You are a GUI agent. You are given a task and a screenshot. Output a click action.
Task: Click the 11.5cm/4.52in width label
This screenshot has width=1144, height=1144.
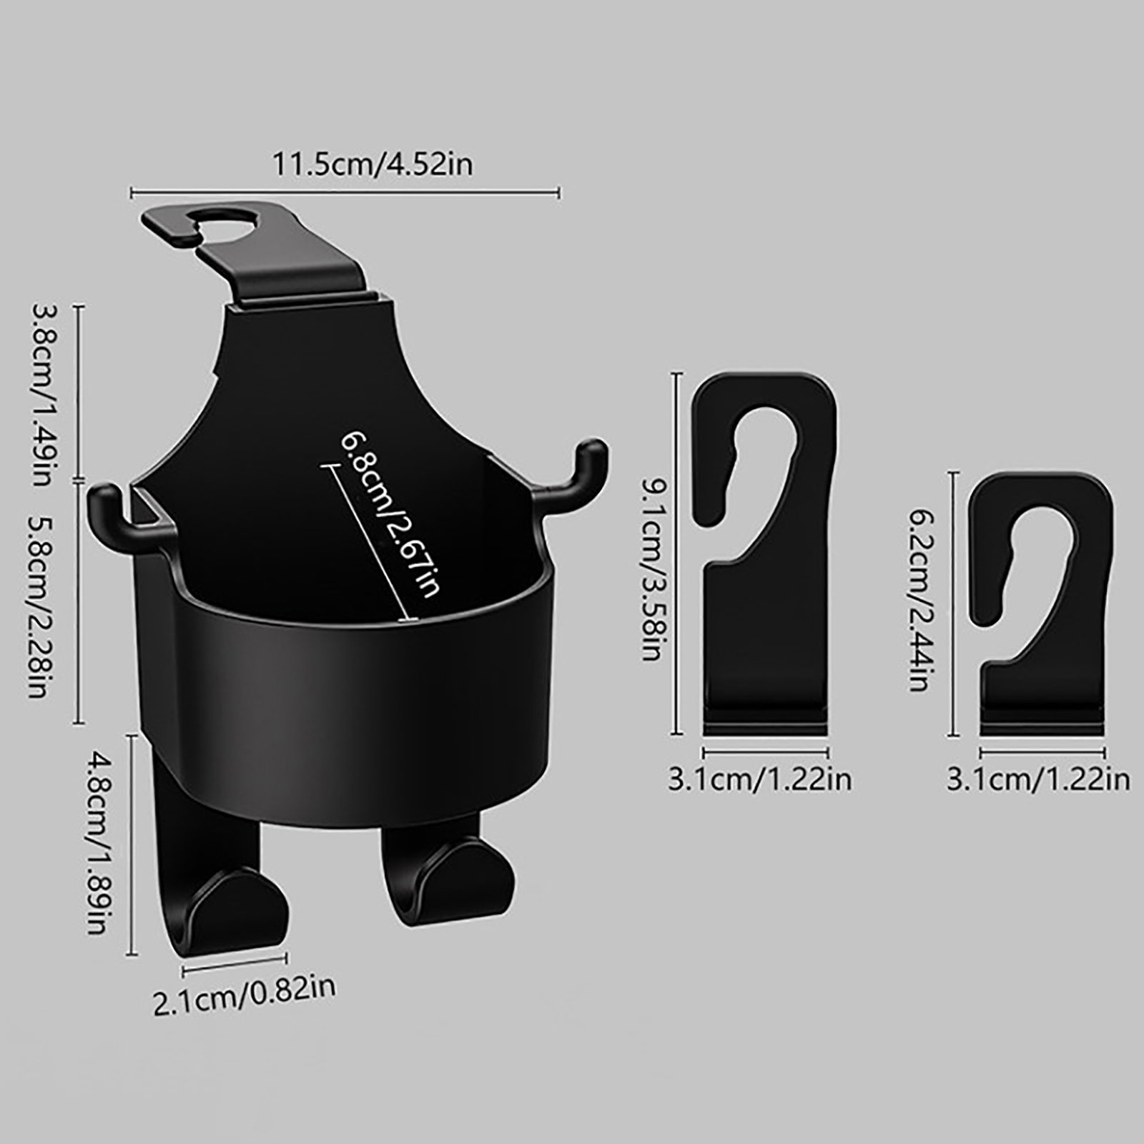(373, 165)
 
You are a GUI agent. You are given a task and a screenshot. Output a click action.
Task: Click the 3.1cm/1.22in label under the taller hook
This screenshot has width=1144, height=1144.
(760, 779)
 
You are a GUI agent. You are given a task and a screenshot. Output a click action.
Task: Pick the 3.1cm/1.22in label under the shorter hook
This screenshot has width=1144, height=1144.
(1038, 779)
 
